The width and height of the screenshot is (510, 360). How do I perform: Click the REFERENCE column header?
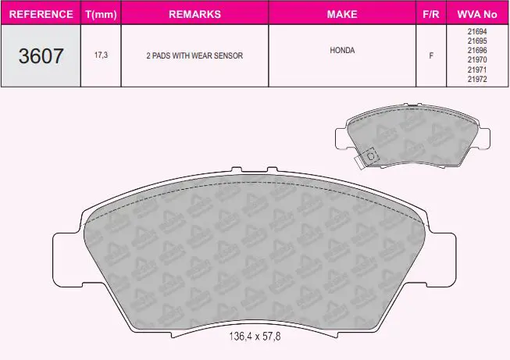[x=41, y=14]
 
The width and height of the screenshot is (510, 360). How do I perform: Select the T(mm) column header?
[x=101, y=14]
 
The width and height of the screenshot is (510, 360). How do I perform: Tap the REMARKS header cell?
[x=194, y=14]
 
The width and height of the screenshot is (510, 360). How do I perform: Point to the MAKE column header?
[x=342, y=14]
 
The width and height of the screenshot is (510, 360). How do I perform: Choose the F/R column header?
[x=431, y=14]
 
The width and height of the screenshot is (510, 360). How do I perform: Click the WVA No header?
[x=477, y=14]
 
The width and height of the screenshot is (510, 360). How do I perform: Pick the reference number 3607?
[x=41, y=56]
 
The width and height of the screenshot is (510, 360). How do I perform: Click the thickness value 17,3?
[x=101, y=55]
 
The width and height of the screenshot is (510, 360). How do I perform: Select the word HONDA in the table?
[x=342, y=51]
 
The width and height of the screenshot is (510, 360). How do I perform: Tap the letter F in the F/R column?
[x=431, y=55]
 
